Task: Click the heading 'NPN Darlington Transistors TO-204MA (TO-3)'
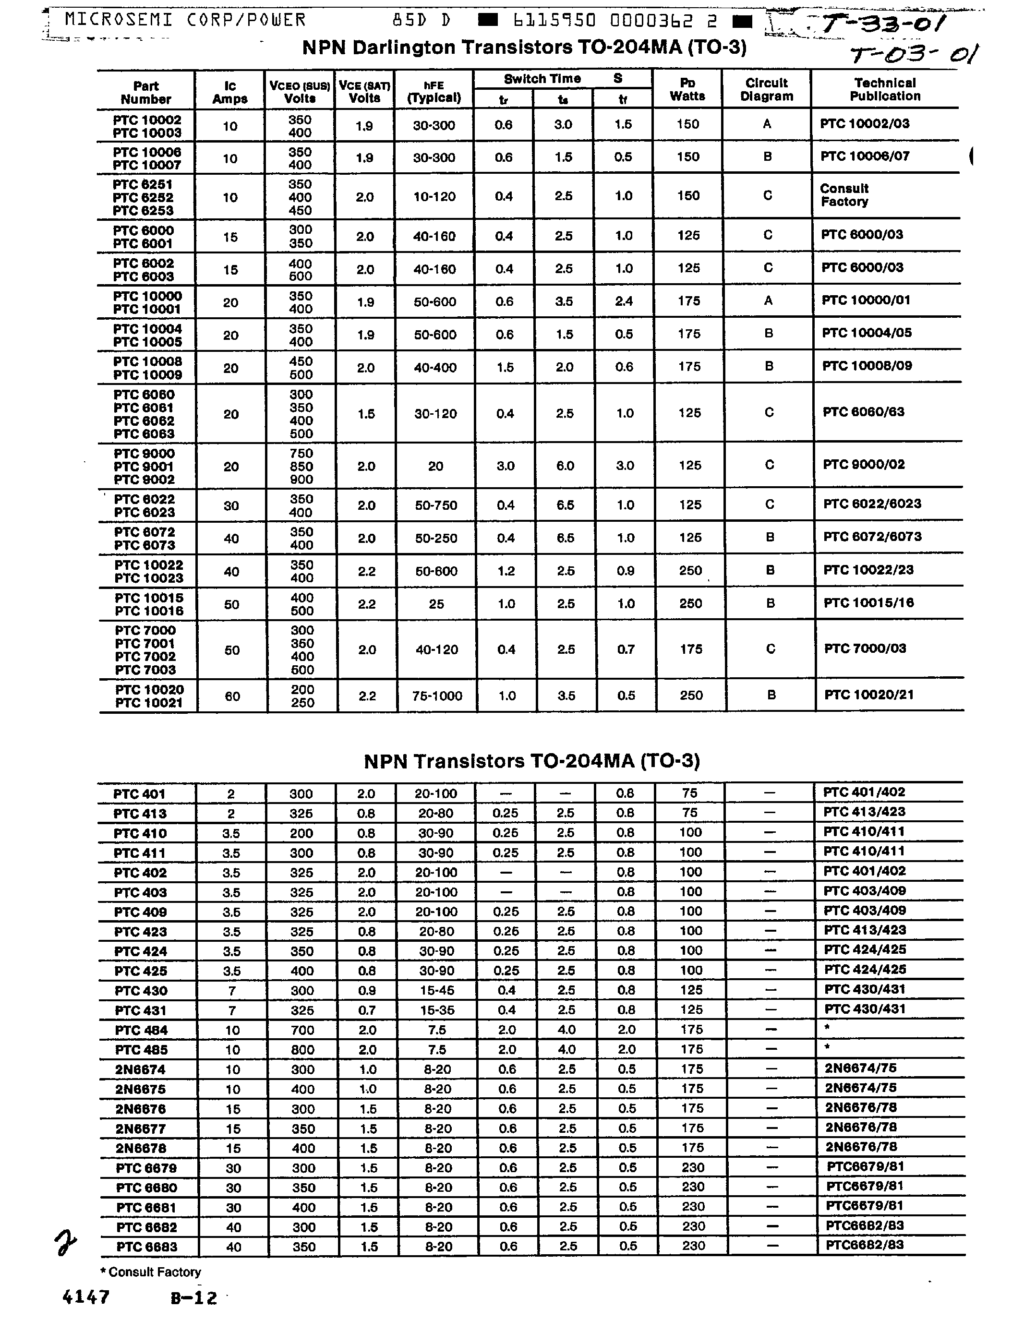pyautogui.click(x=524, y=47)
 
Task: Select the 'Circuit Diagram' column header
pyautogui.click(x=767, y=89)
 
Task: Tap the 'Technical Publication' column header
pyautogui.click(x=884, y=89)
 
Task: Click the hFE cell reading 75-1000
pyautogui.click(x=436, y=696)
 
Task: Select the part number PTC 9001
pyautogui.click(x=144, y=467)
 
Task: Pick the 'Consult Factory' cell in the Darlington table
pyautogui.click(x=844, y=195)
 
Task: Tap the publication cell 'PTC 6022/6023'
pyautogui.click(x=872, y=504)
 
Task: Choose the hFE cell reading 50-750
pyautogui.click(x=436, y=505)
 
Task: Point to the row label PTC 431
pyautogui.click(x=141, y=1010)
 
